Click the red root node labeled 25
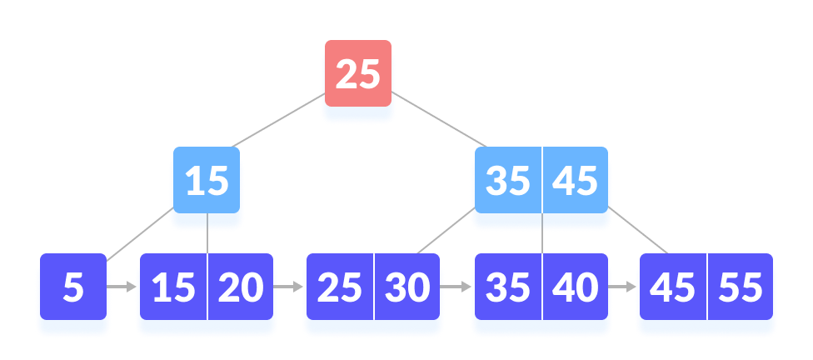pyautogui.click(x=357, y=74)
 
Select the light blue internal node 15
pyautogui.click(x=207, y=181)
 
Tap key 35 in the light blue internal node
pyautogui.click(x=507, y=181)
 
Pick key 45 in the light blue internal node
pyautogui.click(x=575, y=181)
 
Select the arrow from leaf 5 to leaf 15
pyautogui.click(x=122, y=287)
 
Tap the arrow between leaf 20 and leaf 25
pyautogui.click(x=290, y=287)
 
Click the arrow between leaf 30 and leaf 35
pyautogui.click(x=456, y=287)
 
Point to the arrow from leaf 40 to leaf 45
pyautogui.click(x=622, y=287)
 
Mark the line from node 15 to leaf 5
pyautogui.click(x=137, y=236)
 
